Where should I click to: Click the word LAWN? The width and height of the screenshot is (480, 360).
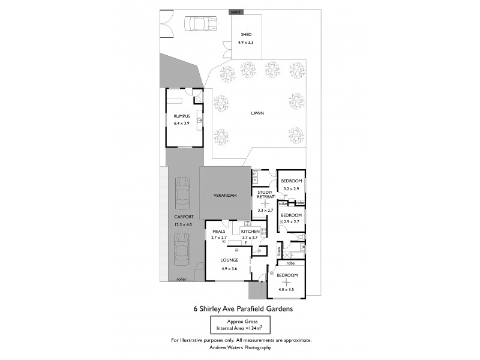click(257, 112)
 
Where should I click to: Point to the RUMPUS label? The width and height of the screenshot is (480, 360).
click(181, 116)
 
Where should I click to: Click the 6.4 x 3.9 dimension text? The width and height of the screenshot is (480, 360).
click(181, 123)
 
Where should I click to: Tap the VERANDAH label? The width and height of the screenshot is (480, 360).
click(226, 196)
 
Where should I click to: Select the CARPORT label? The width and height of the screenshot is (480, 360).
click(183, 217)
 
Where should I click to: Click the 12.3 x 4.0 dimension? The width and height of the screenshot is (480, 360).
click(183, 224)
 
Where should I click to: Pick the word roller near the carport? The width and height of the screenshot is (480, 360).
click(181, 279)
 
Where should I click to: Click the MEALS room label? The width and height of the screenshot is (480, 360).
click(218, 231)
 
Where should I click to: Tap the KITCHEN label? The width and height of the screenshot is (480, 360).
click(250, 231)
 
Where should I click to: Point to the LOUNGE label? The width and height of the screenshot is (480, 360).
click(229, 260)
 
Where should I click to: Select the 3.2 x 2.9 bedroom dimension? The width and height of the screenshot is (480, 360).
click(292, 188)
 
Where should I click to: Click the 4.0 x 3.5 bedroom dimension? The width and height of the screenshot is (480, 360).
click(287, 290)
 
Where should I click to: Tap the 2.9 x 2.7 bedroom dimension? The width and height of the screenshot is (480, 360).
click(292, 222)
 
